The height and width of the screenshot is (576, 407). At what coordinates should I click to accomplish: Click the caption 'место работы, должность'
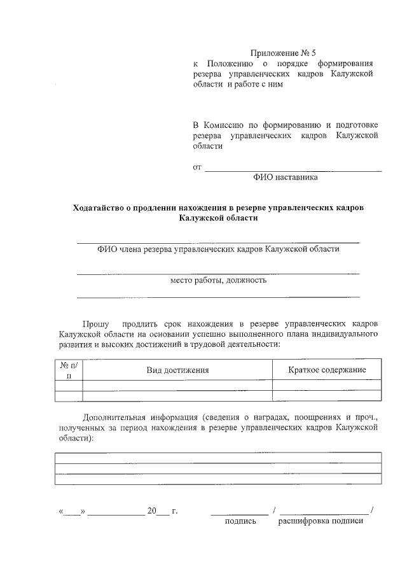pos(218,279)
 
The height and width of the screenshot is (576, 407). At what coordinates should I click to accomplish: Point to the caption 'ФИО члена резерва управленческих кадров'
pos(218,249)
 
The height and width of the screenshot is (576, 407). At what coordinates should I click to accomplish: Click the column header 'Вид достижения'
pos(178,370)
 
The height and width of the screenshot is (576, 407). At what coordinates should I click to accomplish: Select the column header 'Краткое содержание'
pos(327,370)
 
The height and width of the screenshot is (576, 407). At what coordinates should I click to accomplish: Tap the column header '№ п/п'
pos(69,370)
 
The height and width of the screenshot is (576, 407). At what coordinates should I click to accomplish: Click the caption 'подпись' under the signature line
pos(240,521)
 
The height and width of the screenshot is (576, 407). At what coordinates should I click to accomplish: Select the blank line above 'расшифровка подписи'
pos(324,512)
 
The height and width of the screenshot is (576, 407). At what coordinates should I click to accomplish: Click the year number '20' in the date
pos(151,511)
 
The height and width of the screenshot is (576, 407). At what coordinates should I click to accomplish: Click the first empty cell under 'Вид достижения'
pos(178,385)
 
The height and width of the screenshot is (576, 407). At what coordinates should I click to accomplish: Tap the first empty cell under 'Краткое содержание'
pos(327,385)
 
